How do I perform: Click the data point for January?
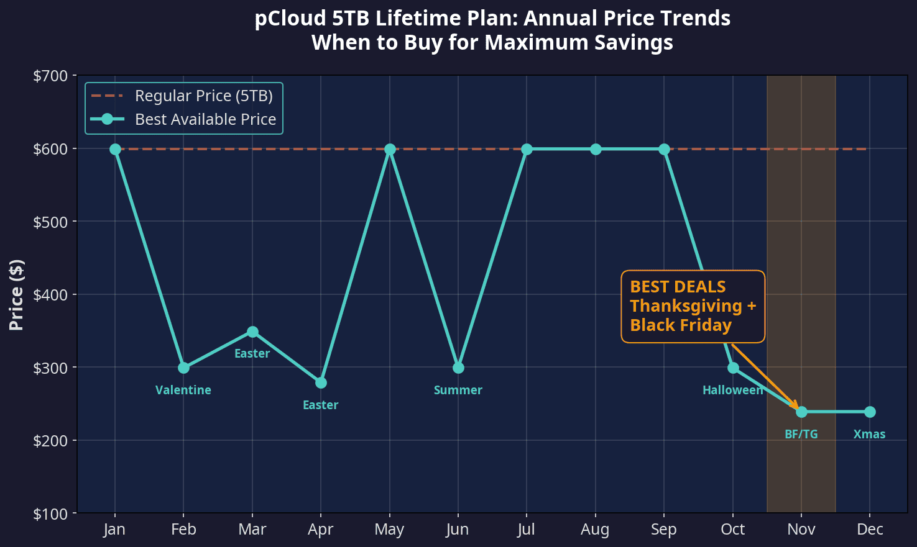click(x=115, y=149)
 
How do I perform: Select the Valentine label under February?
click(x=183, y=391)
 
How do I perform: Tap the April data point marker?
click(x=321, y=382)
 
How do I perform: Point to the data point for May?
click(x=390, y=149)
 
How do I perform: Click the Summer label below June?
click(x=458, y=391)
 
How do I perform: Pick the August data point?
click(x=596, y=149)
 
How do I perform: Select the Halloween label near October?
click(x=732, y=391)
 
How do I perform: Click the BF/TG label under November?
click(x=801, y=435)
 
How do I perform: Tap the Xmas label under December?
click(x=869, y=435)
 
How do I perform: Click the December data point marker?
click(x=870, y=412)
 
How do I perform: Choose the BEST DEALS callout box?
click(x=693, y=306)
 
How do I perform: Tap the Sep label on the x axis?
click(x=664, y=530)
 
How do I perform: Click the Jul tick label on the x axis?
click(x=527, y=530)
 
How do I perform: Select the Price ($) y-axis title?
click(x=17, y=295)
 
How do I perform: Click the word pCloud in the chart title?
click(x=290, y=19)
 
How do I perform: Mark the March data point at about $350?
click(x=252, y=332)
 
